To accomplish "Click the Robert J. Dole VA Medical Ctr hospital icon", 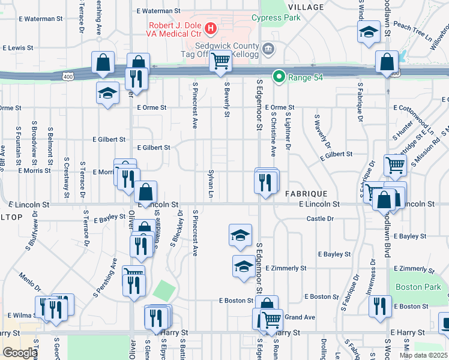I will point(211,28).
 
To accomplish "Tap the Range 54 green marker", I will point(279,76).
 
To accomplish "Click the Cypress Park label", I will point(276,18).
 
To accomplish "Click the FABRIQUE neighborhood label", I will point(306,194).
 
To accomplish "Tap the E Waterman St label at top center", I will point(158,11).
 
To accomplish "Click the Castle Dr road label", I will point(320,219).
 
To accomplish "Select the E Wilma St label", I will point(23,315).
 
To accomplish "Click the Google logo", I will point(20,353).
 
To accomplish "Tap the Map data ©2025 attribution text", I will point(423,355).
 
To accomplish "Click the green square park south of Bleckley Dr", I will point(162,291).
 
